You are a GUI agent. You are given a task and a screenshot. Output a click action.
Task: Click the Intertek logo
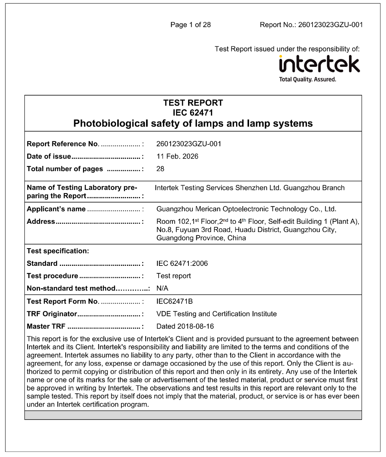tap(319, 64)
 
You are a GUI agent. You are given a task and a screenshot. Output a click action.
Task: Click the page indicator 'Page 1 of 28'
tap(190, 25)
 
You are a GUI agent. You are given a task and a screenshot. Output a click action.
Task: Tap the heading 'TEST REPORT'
tap(193, 103)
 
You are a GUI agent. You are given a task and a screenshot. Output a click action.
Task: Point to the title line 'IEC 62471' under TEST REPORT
tap(193, 113)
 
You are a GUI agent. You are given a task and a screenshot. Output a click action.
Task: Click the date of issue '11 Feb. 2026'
tap(177, 157)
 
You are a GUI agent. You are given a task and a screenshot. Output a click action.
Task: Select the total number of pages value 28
tap(160, 169)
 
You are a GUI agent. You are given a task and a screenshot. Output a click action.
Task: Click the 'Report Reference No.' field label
tap(62, 144)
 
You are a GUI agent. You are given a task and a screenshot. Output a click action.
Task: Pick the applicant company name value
tap(246, 209)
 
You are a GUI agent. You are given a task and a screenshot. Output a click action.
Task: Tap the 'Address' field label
tap(41, 221)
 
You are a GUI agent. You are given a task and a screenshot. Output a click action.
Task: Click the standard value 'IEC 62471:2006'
tap(182, 264)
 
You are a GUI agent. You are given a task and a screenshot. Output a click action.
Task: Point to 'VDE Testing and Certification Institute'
tap(216, 314)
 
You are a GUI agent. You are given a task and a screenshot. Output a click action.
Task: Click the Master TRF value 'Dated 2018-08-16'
tap(185, 326)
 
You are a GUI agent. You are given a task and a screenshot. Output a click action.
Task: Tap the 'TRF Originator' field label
tap(51, 314)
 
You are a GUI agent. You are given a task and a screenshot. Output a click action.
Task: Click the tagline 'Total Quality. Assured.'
tap(307, 79)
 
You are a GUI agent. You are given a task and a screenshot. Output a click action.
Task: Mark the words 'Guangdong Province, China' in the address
tap(201, 238)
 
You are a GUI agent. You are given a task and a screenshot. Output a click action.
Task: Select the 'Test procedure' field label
tap(52, 276)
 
